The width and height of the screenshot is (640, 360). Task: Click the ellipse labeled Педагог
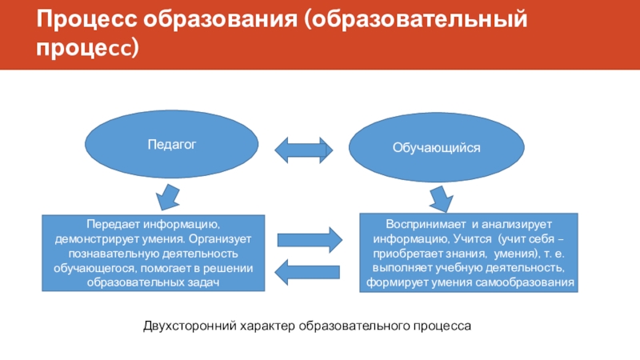coord(172,144)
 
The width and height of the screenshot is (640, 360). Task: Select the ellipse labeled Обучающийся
coord(436,148)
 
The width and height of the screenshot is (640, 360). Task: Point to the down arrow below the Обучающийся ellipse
coord(439,197)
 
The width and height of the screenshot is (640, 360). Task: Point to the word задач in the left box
coord(201,282)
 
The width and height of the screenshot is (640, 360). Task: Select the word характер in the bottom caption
coord(263,326)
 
